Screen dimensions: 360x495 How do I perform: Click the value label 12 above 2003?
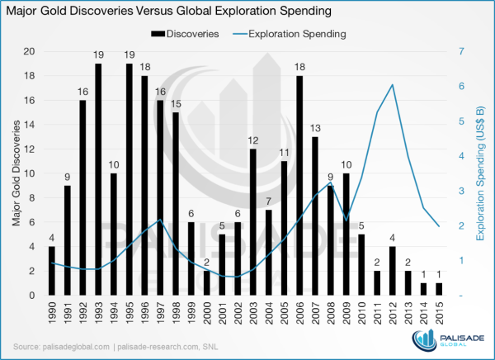coord(253,140)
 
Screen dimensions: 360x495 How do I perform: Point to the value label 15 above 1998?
coord(176,104)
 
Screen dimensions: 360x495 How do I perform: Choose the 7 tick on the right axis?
coord(461,51)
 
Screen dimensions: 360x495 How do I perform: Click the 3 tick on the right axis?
coord(461,191)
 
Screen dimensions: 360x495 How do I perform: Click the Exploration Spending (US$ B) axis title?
coord(479,173)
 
